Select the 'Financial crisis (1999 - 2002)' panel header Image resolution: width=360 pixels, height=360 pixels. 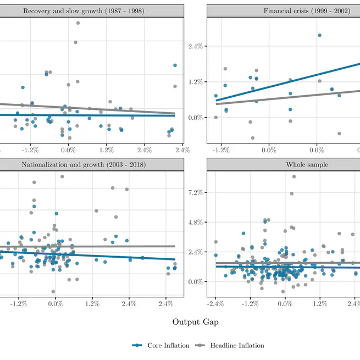tap(306, 10)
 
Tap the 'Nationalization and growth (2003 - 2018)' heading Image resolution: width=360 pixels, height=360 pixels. tap(84, 164)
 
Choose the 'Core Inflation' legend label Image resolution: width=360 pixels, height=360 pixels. tap(168, 345)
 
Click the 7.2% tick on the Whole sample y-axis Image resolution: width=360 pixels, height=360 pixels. tap(196, 192)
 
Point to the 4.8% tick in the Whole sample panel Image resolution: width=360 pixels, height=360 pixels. tap(196, 222)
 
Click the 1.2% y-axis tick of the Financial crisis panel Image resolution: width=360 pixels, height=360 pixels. tap(196, 82)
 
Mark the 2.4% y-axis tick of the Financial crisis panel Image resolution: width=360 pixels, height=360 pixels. tap(196, 46)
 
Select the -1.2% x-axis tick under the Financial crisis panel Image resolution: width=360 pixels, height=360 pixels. tap(221, 149)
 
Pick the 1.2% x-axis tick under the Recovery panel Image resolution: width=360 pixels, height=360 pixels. tap(106, 149)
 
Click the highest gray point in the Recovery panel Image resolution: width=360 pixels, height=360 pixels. tap(78, 23)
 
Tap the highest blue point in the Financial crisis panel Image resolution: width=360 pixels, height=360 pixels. tap(319, 35)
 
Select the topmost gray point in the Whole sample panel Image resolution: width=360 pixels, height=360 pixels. tap(294, 176)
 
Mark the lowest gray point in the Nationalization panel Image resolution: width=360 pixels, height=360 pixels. tap(53, 291)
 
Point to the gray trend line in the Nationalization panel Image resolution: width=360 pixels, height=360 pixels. tap(110, 246)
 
